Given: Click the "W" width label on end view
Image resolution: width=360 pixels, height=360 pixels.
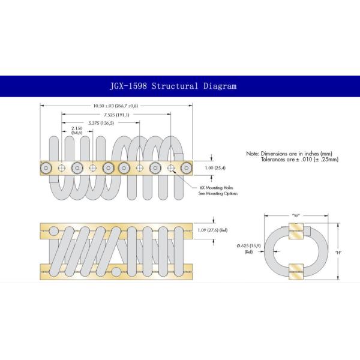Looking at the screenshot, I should click(295, 214).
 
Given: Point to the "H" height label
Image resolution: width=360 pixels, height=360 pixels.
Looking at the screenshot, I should click(340, 252).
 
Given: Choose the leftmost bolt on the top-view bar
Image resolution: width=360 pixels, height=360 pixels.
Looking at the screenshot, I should click(46, 168).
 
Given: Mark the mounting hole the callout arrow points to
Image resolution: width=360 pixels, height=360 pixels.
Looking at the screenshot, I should click(171, 168).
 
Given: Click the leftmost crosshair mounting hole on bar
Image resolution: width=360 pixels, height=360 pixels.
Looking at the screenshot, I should click(61, 168).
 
